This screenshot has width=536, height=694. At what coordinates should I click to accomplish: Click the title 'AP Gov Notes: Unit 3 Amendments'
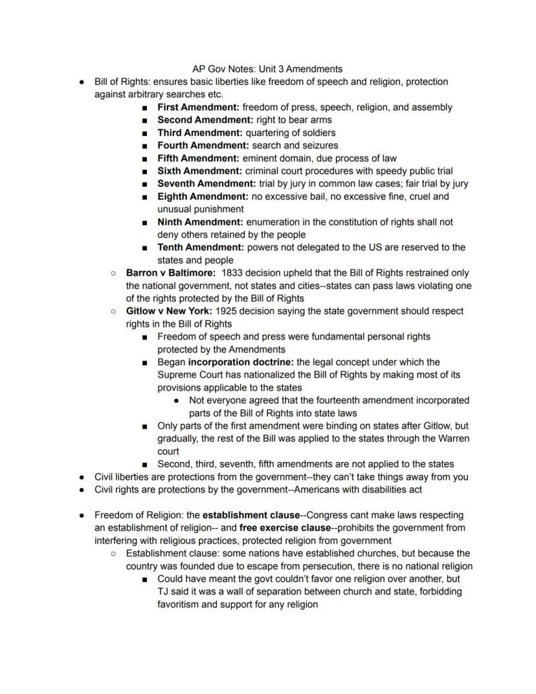point(267,69)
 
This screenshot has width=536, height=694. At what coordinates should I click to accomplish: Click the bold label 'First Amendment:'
point(198,107)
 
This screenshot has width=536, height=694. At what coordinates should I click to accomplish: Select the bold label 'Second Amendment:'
point(205,120)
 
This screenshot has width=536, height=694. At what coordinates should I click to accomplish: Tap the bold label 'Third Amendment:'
point(200,133)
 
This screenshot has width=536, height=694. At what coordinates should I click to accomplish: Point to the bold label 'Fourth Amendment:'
point(203,145)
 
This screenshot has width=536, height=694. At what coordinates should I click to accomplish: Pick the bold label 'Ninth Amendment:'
point(200,222)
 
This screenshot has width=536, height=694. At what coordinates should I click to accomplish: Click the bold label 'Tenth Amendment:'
point(201,248)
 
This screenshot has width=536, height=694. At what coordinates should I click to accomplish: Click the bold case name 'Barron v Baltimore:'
point(171,273)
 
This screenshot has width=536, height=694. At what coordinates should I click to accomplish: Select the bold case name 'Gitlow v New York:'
point(169,311)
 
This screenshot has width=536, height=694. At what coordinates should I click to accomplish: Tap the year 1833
point(232,273)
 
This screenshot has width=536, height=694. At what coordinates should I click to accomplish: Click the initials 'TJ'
point(163,592)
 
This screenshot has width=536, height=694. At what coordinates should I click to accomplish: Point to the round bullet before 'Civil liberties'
point(82,477)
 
